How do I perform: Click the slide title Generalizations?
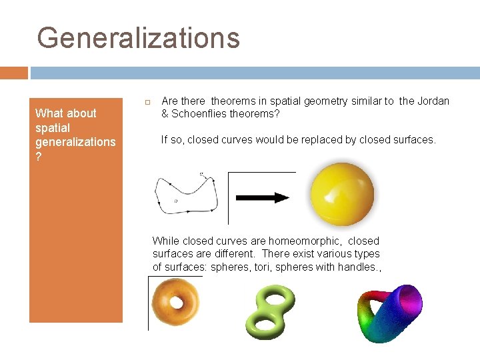[138, 37]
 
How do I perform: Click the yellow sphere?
[342, 195]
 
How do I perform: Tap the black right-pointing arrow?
[262, 197]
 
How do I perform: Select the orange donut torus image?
[175, 302]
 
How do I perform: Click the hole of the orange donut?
[176, 302]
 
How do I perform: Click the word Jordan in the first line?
[434, 101]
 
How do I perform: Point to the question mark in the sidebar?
[39, 156]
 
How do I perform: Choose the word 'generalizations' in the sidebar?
[75, 141]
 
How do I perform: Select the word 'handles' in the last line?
[358, 267]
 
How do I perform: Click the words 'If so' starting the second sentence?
[172, 139]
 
